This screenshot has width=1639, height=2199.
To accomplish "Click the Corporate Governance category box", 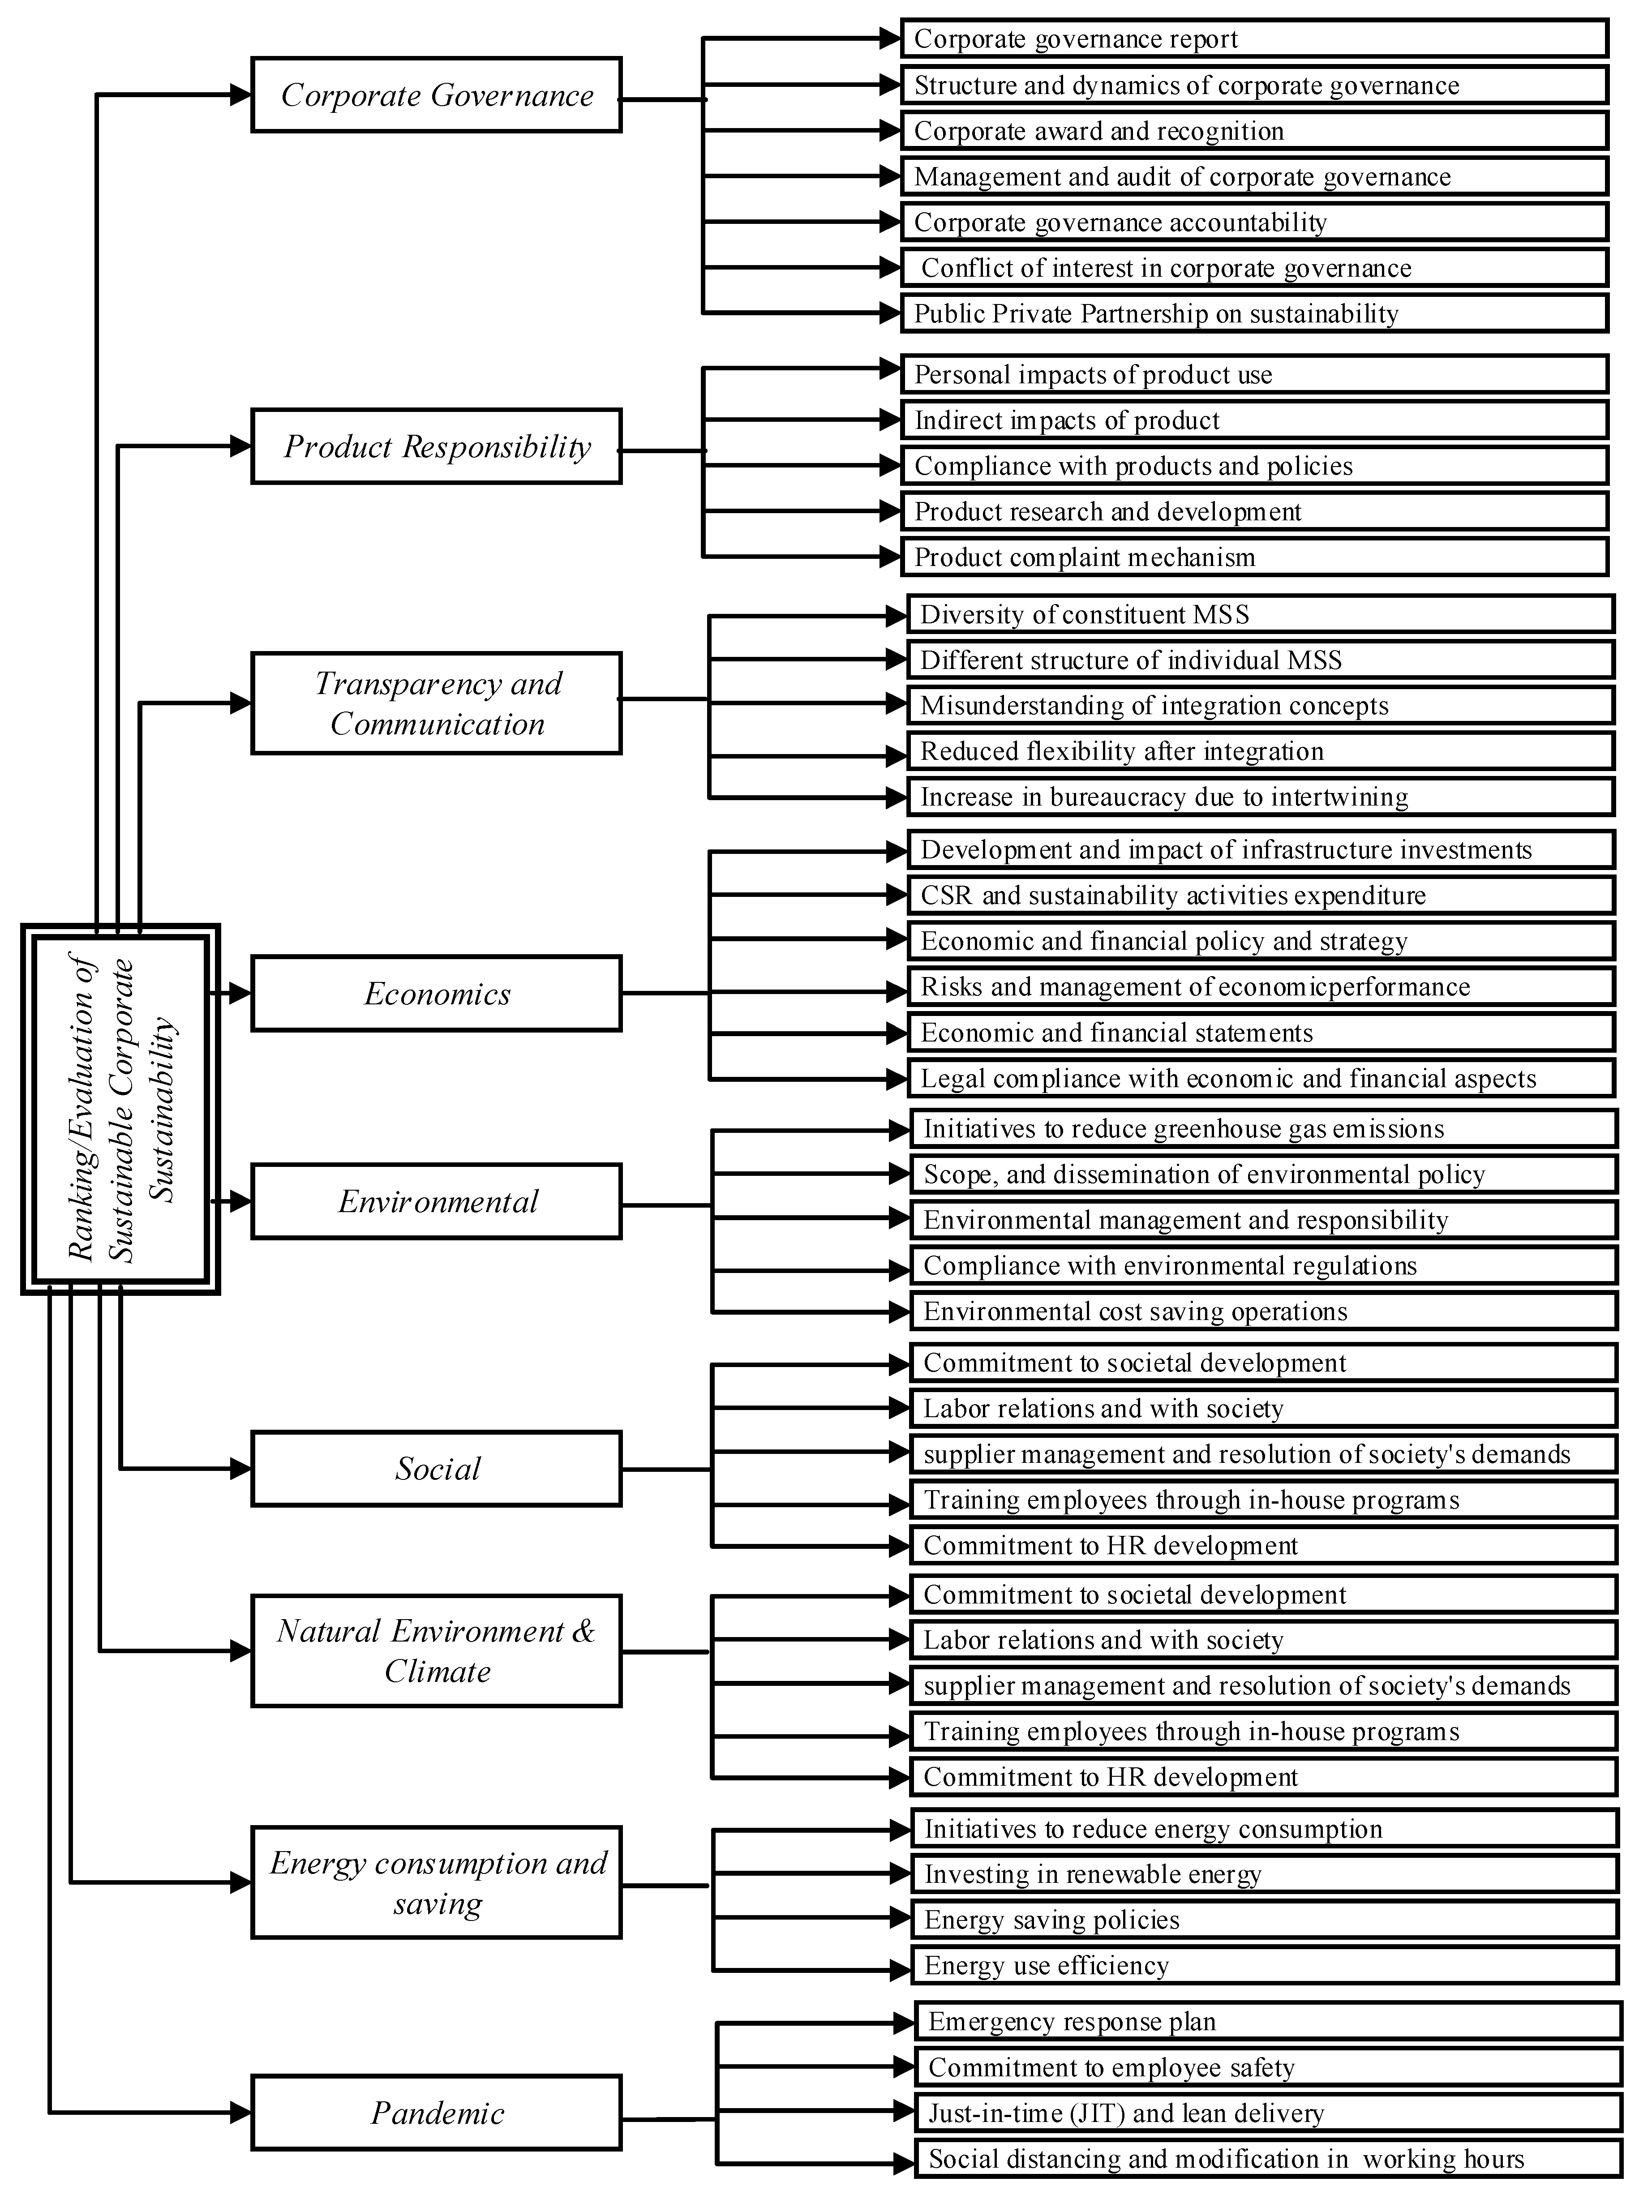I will tap(437, 95).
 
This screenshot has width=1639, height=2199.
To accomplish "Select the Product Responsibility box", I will tap(437, 446).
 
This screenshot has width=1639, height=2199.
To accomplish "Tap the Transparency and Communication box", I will tap(437, 703).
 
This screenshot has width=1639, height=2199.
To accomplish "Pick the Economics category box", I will tap(437, 994).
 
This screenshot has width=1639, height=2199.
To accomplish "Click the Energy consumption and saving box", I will tap(437, 1882).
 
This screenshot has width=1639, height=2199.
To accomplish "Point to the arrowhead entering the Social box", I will tap(241, 1469).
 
